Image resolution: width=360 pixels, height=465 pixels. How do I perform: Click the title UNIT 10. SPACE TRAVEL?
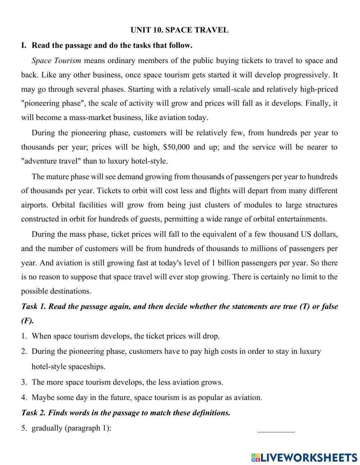[179, 30]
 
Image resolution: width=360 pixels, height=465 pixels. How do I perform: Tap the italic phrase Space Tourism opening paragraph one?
[56, 61]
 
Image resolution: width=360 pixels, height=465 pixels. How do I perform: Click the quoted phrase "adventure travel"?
[51, 161]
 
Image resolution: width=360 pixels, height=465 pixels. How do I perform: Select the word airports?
[34, 205]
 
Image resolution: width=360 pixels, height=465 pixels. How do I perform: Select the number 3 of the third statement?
[23, 382]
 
